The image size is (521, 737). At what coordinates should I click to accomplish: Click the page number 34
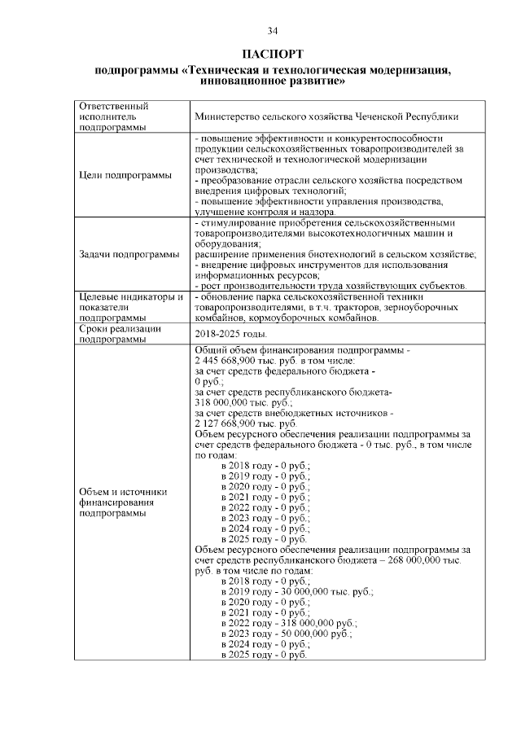click(x=273, y=31)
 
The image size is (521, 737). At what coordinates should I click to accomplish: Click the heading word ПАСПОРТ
click(x=273, y=54)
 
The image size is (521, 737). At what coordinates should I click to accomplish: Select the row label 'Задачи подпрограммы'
click(x=130, y=254)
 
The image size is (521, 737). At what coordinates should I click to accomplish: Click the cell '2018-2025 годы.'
click(x=231, y=334)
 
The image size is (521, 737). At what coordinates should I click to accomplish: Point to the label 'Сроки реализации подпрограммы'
click(x=115, y=334)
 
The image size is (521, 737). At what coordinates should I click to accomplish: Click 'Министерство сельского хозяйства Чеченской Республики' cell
click(x=326, y=116)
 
